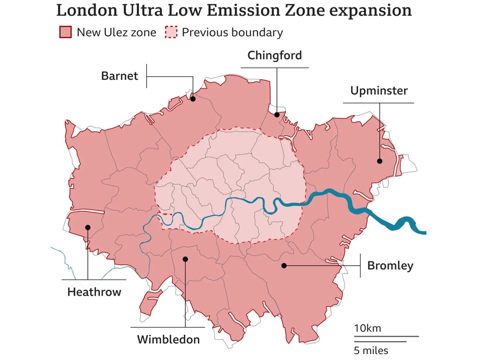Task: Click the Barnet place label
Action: [x=119, y=76]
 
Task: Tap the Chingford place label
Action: [x=275, y=56]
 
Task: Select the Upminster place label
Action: [x=379, y=90]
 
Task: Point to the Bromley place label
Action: [x=390, y=265]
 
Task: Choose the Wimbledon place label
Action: [x=168, y=340]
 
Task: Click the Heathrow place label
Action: [x=94, y=292]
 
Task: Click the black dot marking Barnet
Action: [x=193, y=99]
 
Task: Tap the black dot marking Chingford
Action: [x=277, y=115]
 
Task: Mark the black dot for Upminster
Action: [x=380, y=161]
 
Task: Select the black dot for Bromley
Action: [x=284, y=265]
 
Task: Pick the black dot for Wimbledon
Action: [x=185, y=259]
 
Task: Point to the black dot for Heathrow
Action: [x=87, y=227]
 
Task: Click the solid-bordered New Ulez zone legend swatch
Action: [x=66, y=33]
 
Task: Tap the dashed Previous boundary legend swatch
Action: [x=171, y=33]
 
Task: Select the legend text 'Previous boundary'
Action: [x=232, y=33]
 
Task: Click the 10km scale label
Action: [x=367, y=328]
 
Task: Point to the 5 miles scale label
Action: [x=371, y=351]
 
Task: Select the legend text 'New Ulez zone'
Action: [x=116, y=33]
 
